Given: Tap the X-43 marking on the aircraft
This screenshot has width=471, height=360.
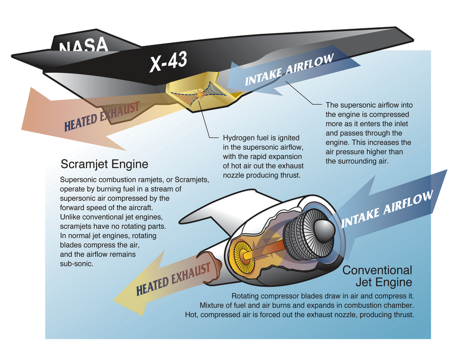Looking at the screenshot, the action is click(x=169, y=62).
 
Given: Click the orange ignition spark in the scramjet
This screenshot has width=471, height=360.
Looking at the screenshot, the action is click(x=199, y=94).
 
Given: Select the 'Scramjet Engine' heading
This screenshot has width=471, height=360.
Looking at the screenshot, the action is click(x=105, y=164).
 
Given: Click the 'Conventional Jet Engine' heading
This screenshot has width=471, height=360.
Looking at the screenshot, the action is click(x=377, y=276).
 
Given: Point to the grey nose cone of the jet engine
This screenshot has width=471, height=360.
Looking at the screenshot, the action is click(x=324, y=230).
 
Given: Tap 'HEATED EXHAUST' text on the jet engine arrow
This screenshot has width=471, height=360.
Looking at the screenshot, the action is click(x=173, y=279).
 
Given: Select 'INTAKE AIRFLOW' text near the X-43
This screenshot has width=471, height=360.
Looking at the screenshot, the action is click(x=289, y=70).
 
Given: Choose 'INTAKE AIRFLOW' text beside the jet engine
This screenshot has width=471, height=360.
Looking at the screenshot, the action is click(x=387, y=209).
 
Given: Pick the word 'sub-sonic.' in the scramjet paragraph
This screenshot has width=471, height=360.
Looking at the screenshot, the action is click(x=77, y=264).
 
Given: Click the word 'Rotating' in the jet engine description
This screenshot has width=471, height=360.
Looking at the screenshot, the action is click(x=244, y=296).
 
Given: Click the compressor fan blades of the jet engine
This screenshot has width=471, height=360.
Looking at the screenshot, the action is click(x=303, y=234).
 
